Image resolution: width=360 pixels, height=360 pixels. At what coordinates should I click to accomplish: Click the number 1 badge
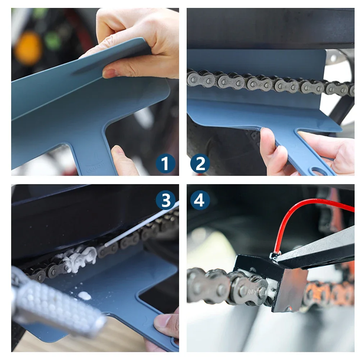coord(165,164)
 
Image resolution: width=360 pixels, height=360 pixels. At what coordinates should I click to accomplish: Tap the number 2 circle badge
coord(200,164)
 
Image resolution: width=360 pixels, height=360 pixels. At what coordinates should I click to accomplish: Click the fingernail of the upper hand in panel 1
coord(109,73)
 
